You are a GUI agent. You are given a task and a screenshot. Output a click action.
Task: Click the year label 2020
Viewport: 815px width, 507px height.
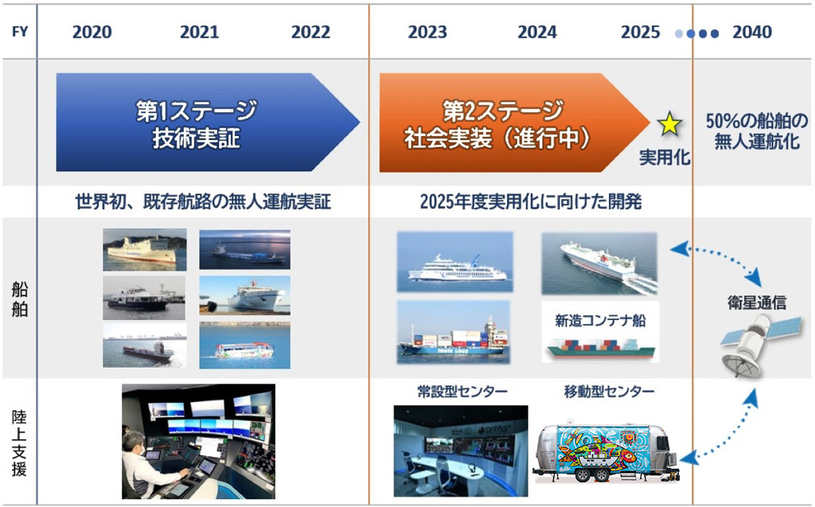pos(92,33)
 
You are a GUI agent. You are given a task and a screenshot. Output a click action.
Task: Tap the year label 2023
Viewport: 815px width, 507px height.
pos(427,33)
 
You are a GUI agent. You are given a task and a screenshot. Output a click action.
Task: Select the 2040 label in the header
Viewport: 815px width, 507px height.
pos(751,33)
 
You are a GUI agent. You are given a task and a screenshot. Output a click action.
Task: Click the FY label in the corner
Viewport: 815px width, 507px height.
pos(18,33)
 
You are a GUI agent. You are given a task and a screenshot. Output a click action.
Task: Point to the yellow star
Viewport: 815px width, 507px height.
pos(669,124)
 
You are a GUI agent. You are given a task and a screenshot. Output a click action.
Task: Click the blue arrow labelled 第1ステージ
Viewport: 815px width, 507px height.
pos(199,123)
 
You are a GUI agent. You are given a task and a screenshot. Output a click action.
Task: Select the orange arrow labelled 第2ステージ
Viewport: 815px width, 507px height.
pos(509,123)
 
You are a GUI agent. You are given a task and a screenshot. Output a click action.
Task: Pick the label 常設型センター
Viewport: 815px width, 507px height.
pos(462,392)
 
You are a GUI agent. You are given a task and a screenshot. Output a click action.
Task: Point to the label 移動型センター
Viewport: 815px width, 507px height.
pos(609,392)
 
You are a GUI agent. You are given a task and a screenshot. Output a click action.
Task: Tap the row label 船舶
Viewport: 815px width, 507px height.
pos(19,298)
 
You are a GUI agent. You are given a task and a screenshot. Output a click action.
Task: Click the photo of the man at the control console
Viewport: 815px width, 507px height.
pos(198,442)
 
